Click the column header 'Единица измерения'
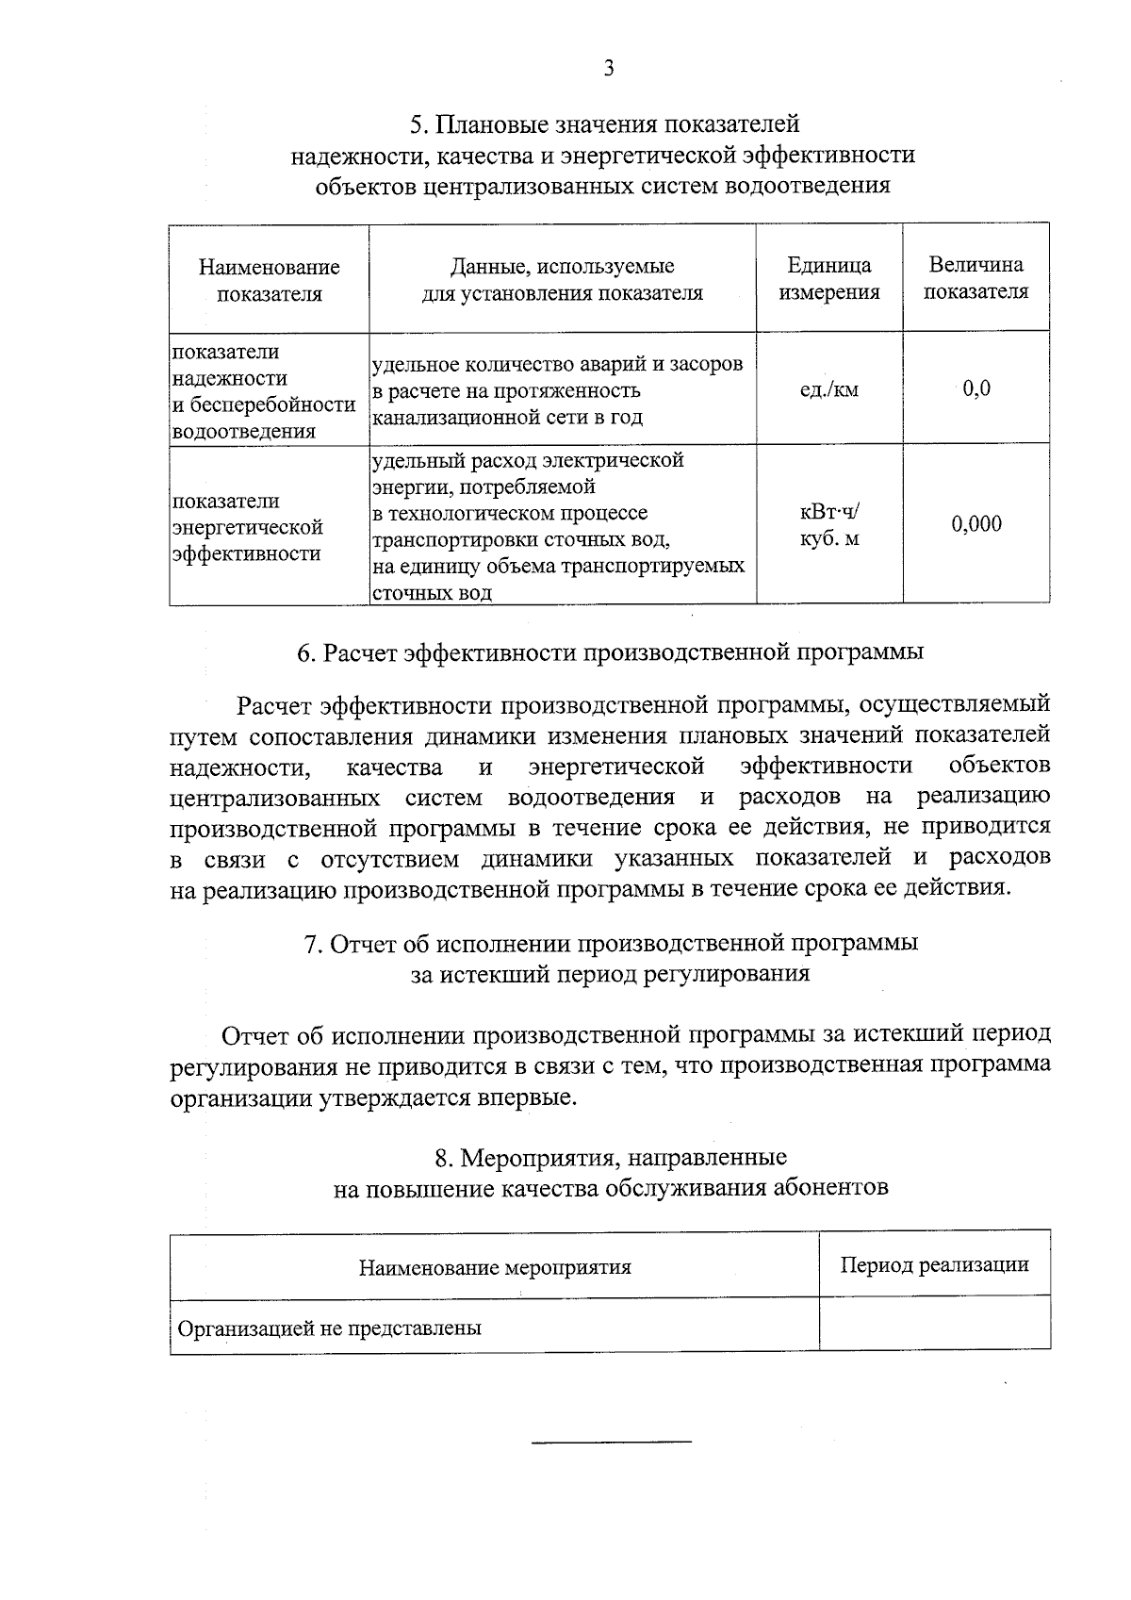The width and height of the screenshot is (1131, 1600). point(829,279)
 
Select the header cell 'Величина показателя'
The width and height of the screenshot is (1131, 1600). point(975,278)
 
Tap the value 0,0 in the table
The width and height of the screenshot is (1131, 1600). point(976,388)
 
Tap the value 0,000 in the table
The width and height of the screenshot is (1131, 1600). point(976,524)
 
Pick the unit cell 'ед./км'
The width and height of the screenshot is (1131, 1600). point(829,389)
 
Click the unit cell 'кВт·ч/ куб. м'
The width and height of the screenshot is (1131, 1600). point(829,525)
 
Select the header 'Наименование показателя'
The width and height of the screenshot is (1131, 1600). point(270,281)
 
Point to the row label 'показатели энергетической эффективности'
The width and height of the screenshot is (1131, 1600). point(247,527)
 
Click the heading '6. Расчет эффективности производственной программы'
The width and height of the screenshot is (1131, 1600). point(610,652)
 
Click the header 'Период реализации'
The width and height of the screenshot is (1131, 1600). point(934,1264)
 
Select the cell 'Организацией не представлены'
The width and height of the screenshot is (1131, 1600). point(330,1328)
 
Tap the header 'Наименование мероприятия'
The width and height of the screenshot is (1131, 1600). point(495,1267)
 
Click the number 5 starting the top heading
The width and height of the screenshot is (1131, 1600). point(416,124)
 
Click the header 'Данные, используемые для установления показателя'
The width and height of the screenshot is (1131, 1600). point(562,279)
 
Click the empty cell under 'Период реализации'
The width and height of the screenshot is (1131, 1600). point(934,1325)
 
